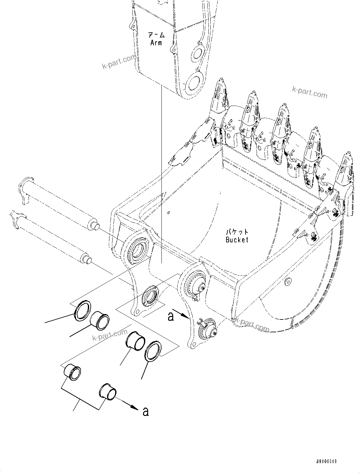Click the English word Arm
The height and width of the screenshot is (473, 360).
click(x=156, y=43)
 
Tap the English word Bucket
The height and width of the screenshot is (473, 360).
click(x=237, y=240)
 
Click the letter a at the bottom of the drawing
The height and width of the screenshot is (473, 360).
click(x=145, y=411)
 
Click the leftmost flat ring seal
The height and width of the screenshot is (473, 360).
click(x=82, y=310)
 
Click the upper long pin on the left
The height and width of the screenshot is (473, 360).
click(x=57, y=205)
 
